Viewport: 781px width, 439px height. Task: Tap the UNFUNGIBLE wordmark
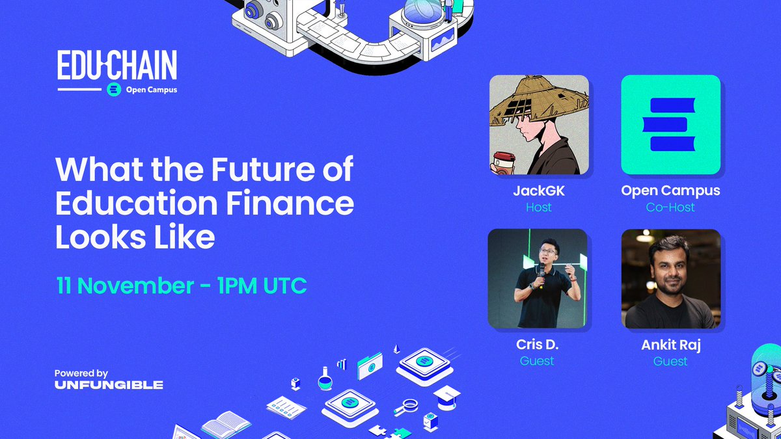point(109,385)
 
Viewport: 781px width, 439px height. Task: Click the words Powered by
point(81,373)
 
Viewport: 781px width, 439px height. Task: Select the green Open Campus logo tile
point(670,125)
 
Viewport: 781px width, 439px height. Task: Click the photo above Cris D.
point(538,278)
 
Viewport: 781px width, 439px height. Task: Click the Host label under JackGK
point(538,207)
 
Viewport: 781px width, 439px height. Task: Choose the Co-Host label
point(670,207)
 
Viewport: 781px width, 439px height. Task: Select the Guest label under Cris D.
point(538,361)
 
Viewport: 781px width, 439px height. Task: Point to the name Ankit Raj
point(670,345)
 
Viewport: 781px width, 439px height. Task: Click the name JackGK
point(538,191)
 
